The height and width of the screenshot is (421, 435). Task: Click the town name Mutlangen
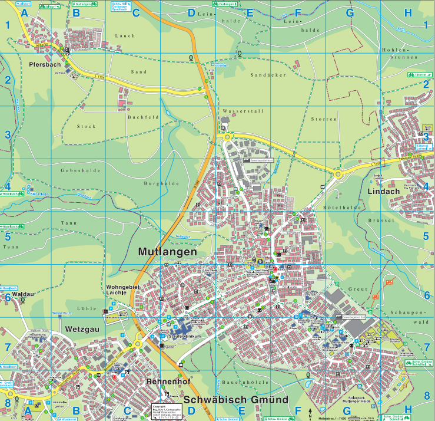[167, 252]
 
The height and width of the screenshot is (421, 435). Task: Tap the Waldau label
[22, 292]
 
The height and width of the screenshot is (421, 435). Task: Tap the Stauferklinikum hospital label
[186, 336]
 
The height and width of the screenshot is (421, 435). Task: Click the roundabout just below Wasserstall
[227, 137]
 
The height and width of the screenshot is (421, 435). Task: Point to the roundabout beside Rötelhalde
[338, 174]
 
